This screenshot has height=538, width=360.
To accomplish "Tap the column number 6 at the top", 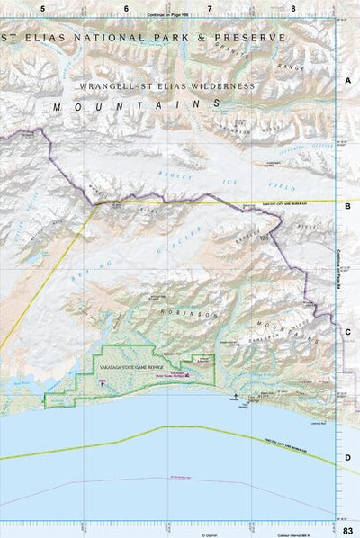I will coord(126,8).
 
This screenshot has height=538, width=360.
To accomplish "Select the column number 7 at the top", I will coord(210,8).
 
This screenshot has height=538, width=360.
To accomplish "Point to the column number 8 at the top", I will coord(293,8).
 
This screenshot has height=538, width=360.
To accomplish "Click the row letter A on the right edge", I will coord(347,80).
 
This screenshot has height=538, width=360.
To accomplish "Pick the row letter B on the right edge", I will coord(347,205).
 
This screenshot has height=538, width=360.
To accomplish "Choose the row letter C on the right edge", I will coord(347,331).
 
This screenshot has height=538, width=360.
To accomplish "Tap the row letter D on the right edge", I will coord(347,457).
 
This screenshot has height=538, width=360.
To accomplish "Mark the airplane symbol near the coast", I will coord(235,395).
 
